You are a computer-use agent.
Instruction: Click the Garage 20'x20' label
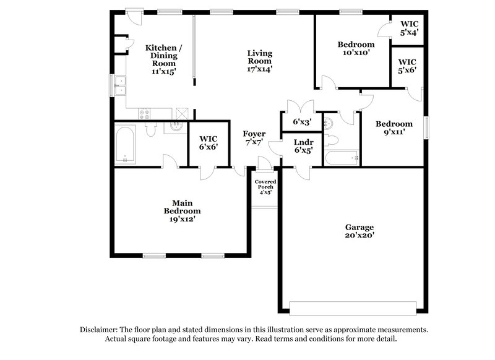point(359,231)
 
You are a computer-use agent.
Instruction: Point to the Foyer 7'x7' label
point(254,137)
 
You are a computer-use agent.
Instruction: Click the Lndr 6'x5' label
point(303,146)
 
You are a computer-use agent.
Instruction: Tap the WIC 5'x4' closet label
point(408,28)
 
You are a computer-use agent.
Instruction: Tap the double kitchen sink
point(121,85)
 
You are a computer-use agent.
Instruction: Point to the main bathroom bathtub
point(126,144)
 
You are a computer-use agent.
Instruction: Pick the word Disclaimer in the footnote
point(99,330)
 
